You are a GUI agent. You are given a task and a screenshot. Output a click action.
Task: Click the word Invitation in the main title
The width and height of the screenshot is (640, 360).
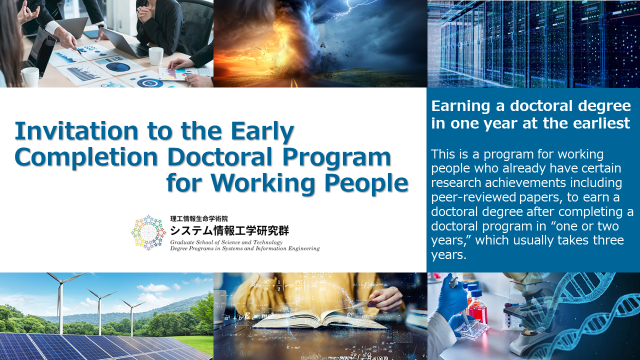(x=76, y=131)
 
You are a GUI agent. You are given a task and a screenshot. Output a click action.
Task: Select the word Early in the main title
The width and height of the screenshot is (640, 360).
(x=262, y=132)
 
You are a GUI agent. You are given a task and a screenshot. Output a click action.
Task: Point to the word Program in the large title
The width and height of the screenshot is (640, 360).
(x=336, y=158)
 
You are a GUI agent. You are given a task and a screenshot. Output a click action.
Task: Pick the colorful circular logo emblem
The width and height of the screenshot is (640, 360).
(x=148, y=233)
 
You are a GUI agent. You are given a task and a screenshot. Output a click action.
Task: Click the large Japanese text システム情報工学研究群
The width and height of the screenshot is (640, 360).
(x=229, y=230)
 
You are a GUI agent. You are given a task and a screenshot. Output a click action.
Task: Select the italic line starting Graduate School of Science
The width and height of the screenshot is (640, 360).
(x=226, y=242)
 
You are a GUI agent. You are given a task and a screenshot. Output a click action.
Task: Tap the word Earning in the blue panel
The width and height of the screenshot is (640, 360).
(x=460, y=106)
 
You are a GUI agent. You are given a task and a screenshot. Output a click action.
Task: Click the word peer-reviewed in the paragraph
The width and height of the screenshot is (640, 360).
(x=473, y=197)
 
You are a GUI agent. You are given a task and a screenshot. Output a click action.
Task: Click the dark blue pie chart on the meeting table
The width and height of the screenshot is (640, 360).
(x=118, y=67)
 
